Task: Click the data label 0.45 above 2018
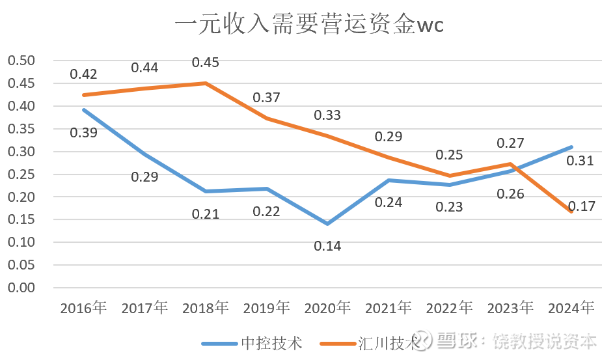pyautogui.click(x=205, y=62)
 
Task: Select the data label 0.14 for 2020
pyautogui.click(x=327, y=246)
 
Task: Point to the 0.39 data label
pyautogui.click(x=83, y=133)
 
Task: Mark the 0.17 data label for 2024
pyautogui.click(x=581, y=207)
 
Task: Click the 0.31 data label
pyautogui.click(x=581, y=160)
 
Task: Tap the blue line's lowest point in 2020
pyautogui.click(x=327, y=224)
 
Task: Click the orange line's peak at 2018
pyautogui.click(x=205, y=83)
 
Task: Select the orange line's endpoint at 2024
pyautogui.click(x=571, y=211)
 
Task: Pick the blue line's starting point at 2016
pyautogui.click(x=83, y=110)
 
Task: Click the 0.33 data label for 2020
pyautogui.click(x=327, y=115)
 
